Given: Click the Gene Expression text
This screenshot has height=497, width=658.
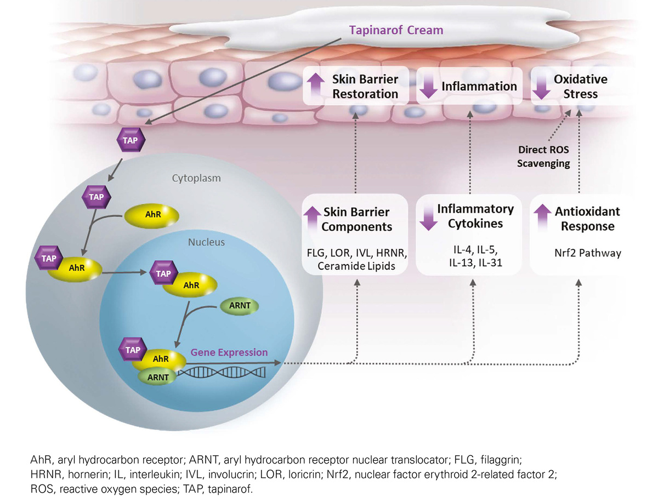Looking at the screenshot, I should click(x=229, y=352).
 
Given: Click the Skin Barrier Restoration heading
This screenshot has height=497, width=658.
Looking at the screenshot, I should click(x=365, y=86).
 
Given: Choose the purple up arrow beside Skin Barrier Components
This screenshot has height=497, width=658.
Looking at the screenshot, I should click(x=312, y=219).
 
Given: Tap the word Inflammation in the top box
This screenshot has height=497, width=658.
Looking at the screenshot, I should click(x=479, y=87).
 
